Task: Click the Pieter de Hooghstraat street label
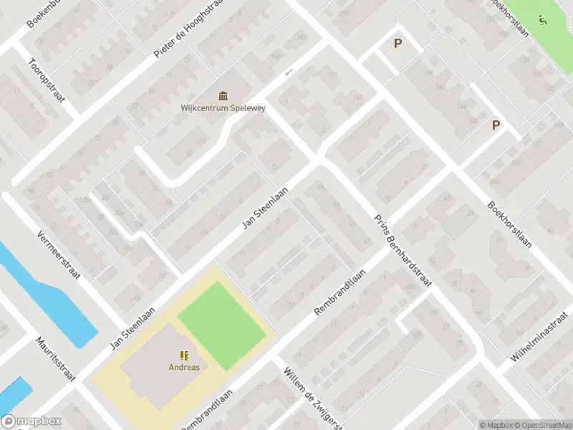188,28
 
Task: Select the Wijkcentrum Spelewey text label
222,109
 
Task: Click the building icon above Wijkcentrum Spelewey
223,96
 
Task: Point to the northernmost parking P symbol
398,43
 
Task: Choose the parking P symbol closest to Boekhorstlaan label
495,125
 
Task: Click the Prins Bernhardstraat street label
403,252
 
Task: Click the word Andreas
184,368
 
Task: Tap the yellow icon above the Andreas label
184,355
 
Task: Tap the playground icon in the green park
542,20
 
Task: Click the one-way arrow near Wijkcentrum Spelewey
289,72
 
